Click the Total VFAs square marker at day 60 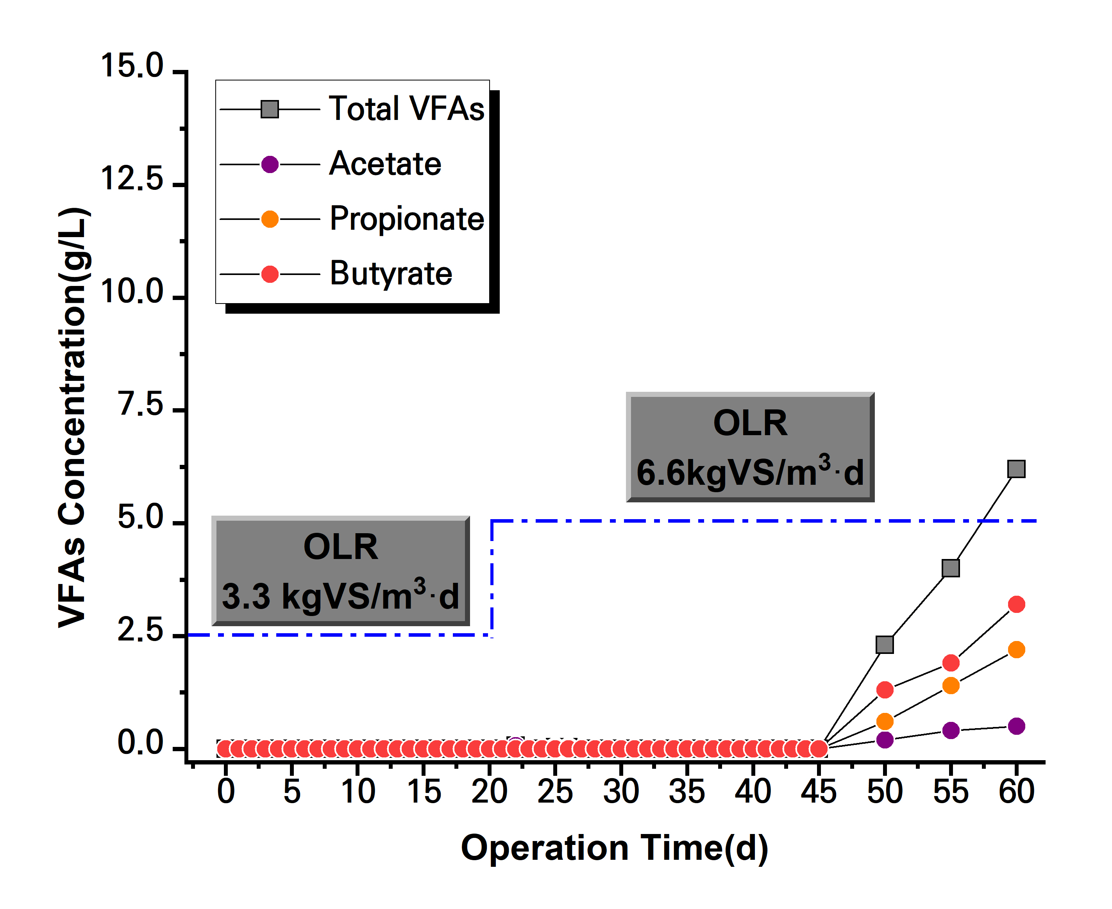pos(1016,469)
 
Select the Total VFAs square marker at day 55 pos(951,568)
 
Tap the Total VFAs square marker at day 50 pos(885,645)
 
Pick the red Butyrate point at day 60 pos(1016,604)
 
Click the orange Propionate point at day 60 pos(1016,650)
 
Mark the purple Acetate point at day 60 pos(1016,726)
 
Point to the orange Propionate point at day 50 pos(885,721)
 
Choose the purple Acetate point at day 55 pos(951,730)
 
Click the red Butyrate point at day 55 pos(951,663)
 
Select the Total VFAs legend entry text pos(406,109)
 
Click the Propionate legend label pos(406,219)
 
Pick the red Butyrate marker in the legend pos(270,274)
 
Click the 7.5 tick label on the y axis pos(140,405)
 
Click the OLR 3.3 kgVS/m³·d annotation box pos(340,571)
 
